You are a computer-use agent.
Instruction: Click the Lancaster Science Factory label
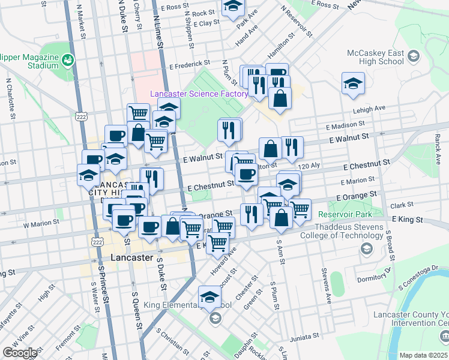click(199, 94)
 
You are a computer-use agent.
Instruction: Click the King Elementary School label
click(187, 305)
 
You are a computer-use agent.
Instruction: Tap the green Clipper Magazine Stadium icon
click(68, 60)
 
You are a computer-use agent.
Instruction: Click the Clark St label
click(397, 205)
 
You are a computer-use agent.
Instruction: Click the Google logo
click(19, 353)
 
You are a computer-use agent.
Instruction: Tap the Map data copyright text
click(424, 355)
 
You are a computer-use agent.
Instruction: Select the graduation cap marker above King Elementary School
click(210, 296)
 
